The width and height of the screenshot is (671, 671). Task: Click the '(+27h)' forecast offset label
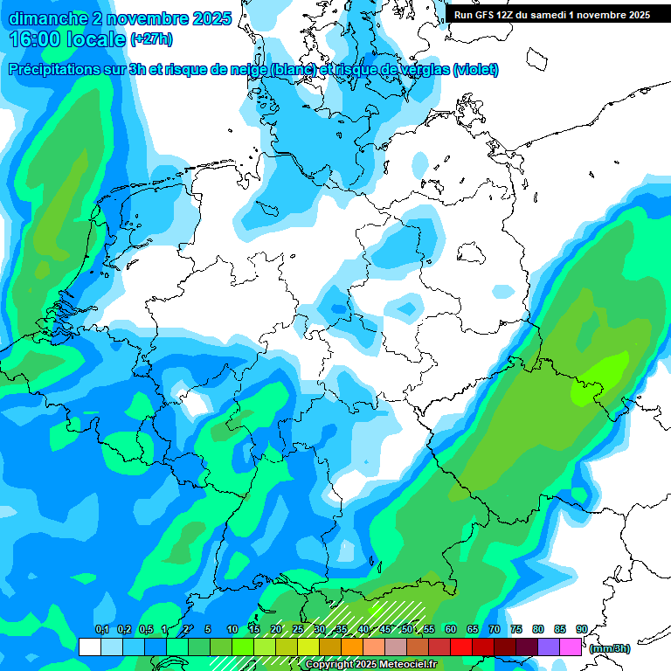151,40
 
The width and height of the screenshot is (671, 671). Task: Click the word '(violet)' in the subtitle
475,69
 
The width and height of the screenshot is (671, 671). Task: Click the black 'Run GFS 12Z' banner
552,15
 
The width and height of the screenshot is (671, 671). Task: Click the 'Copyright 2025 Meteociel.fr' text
370,665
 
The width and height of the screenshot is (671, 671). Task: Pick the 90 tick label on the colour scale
582,630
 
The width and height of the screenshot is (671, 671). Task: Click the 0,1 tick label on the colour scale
101,630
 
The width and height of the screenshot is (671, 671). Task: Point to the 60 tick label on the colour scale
451,630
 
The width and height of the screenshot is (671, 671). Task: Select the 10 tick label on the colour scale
232,630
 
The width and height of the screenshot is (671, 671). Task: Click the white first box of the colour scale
89,647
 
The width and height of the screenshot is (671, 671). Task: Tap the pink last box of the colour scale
571,647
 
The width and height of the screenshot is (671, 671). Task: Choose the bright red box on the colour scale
460,647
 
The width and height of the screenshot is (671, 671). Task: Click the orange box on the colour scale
351,647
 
